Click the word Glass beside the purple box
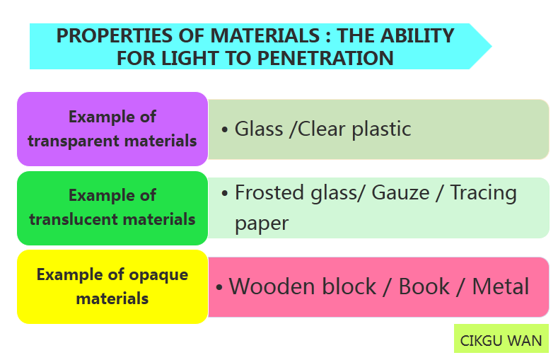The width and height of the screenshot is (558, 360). (258, 129)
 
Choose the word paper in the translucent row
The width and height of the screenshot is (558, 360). (262, 223)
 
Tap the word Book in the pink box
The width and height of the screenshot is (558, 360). (424, 286)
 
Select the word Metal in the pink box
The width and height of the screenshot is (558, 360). (501, 286)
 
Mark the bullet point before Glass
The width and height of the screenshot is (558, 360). (224, 130)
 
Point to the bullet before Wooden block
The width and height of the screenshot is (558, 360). (219, 288)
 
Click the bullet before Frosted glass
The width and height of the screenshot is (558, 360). (224, 194)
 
